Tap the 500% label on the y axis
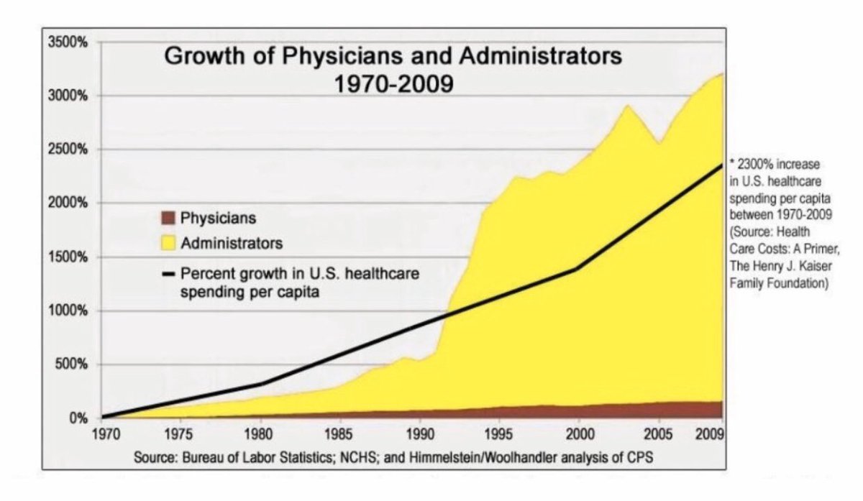tap(71, 364)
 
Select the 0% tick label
tap(77, 418)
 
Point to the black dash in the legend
tap(168, 274)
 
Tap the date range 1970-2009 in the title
tap(394, 84)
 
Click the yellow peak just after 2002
tap(627, 106)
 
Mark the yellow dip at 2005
tap(657, 143)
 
